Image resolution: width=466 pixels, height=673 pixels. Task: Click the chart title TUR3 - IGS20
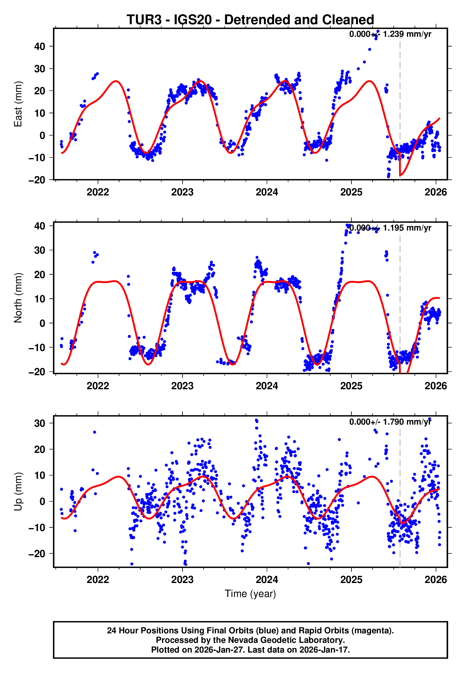[x=250, y=20]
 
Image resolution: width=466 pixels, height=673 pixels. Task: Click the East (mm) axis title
[x=18, y=104]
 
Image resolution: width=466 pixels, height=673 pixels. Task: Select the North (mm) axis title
[x=18, y=298]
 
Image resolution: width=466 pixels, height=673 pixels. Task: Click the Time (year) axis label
[x=250, y=594]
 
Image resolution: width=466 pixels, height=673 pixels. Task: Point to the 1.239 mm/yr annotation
[x=390, y=34]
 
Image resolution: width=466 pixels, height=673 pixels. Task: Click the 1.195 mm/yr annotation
[x=390, y=228]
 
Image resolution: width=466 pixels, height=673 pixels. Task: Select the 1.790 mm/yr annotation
[x=390, y=422]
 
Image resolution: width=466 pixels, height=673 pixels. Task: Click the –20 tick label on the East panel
[x=37, y=180]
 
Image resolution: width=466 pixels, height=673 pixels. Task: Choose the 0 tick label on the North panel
[x=42, y=323]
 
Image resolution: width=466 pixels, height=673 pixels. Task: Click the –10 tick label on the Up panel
[x=37, y=527]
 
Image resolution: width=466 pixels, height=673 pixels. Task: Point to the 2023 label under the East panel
[x=182, y=192]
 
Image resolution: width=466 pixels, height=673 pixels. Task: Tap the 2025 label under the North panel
[x=351, y=386]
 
